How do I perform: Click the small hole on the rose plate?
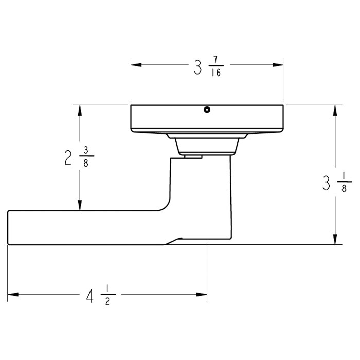[207, 110]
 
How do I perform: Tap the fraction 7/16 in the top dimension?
[215, 67]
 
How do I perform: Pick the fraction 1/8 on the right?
[345, 184]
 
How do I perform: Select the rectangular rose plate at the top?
[207, 118]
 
